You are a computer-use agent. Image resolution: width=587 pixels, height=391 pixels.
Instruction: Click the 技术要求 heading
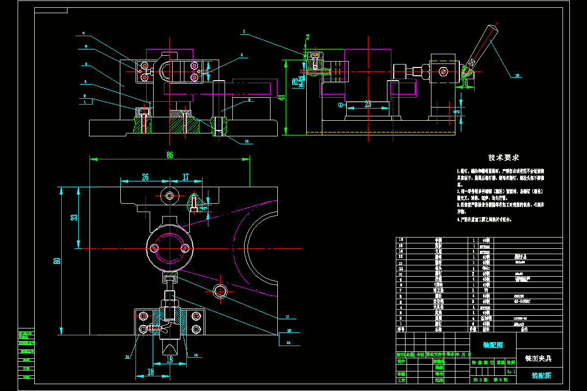click(503, 158)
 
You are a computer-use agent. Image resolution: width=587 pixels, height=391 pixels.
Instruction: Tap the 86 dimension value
click(170, 154)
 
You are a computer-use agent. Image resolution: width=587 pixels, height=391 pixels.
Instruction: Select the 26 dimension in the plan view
click(145, 177)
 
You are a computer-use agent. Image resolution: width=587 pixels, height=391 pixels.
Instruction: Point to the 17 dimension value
click(185, 177)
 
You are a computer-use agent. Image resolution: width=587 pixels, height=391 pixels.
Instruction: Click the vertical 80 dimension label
click(57, 261)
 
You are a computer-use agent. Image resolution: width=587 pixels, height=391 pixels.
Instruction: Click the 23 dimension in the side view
click(368, 104)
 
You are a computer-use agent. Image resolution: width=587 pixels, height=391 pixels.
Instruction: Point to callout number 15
click(128, 357)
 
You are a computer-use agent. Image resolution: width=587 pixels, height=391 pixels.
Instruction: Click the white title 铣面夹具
click(538, 358)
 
